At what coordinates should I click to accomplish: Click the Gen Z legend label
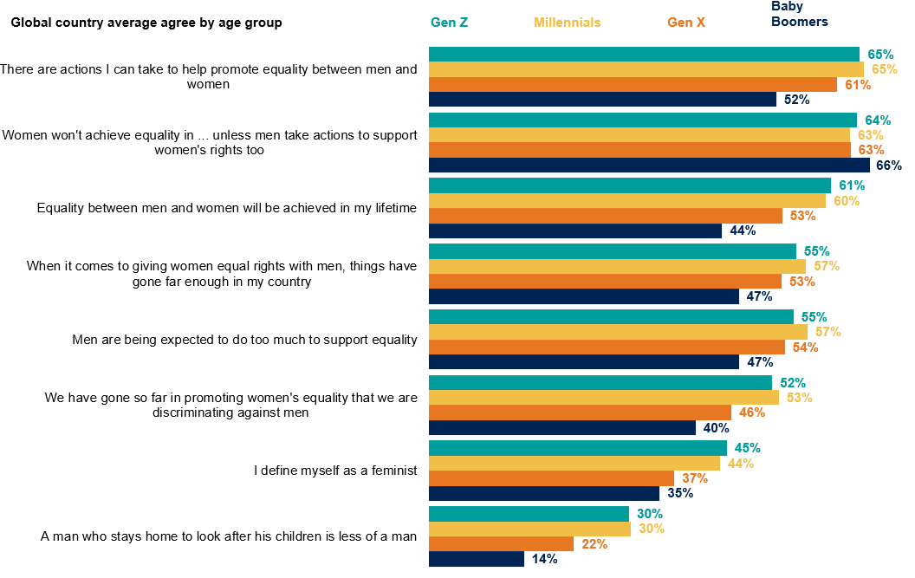pos(449,23)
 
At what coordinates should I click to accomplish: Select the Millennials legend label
pos(567,23)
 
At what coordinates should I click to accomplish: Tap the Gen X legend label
pos(685,23)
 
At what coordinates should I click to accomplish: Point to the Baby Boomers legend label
pos(799,15)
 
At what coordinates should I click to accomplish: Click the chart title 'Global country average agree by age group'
pos(146,23)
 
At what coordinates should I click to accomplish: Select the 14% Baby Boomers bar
pos(477,559)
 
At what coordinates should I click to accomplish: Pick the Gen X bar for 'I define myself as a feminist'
pos(551,478)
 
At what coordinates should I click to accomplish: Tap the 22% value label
pos(594,544)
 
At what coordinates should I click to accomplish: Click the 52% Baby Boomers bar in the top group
pos(602,100)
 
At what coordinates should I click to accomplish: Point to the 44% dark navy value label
pos(743,231)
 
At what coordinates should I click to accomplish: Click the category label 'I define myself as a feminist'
pos(335,471)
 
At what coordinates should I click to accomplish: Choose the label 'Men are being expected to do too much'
pos(244,339)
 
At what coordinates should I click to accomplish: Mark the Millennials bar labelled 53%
pos(603,398)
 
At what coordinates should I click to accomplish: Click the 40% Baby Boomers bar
pos(562,428)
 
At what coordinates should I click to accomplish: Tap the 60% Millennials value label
pos(847,201)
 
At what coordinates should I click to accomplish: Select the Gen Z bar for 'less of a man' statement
pos(529,514)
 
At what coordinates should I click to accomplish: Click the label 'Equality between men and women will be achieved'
pos(227,208)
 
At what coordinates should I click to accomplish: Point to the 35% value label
pos(679,494)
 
